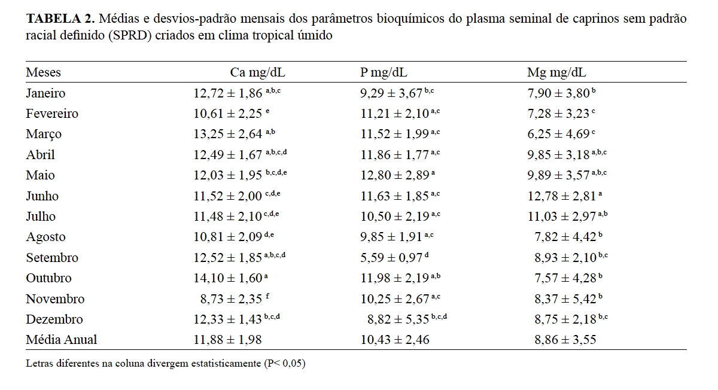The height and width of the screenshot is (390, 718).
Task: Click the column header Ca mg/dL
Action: pyautogui.click(x=258, y=72)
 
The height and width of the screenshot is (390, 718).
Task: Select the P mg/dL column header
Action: pyautogui.click(x=384, y=72)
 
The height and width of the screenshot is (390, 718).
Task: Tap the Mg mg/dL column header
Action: pyautogui.click(x=556, y=72)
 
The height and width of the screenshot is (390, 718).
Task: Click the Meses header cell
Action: pyautogui.click(x=43, y=72)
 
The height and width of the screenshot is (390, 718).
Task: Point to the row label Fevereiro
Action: pyautogui.click(x=52, y=114)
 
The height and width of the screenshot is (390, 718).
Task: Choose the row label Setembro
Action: pyautogui.click(x=52, y=258)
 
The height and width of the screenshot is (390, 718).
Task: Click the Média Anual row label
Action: pyautogui.click(x=61, y=340)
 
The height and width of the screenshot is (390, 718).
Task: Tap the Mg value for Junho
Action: pyautogui.click(x=561, y=196)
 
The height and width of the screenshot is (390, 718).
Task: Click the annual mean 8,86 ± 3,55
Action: pyautogui.click(x=565, y=340)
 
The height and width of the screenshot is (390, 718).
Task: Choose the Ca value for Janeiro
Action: pyautogui.click(x=227, y=93)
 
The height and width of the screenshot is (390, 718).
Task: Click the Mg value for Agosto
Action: pyautogui.click(x=565, y=237)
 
